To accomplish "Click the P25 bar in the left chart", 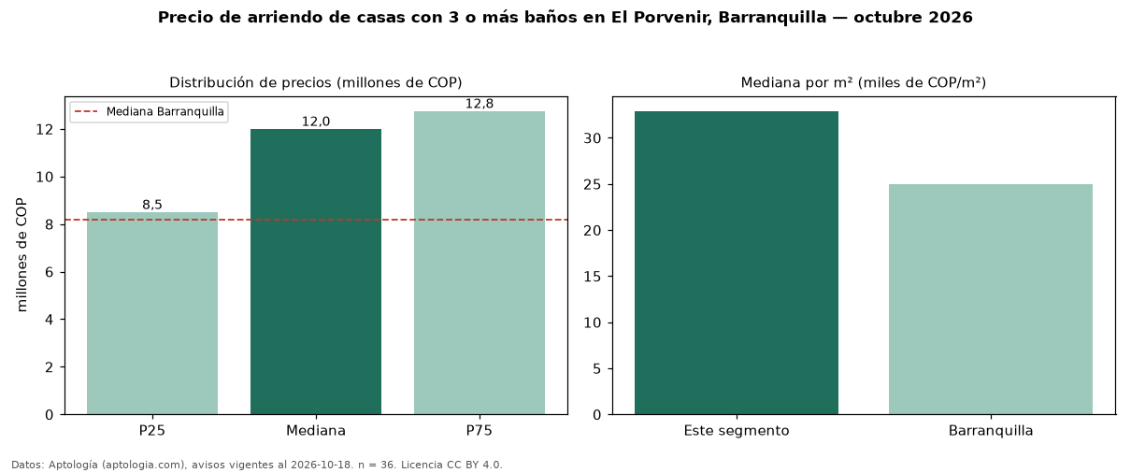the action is tap(152, 313).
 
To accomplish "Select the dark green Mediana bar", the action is tap(316, 272).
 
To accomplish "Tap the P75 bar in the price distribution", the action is tap(480, 263).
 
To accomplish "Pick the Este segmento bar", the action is tap(737, 263).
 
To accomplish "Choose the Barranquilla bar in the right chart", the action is tap(991, 299).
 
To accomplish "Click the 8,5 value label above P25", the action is tap(152, 205).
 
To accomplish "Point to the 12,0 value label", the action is tap(316, 122).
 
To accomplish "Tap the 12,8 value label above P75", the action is tap(480, 104).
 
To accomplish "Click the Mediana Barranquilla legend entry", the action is tap(149, 111).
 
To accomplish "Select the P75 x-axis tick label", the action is tap(480, 431).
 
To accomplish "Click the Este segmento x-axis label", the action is tap(737, 431).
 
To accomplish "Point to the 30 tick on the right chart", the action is tap(593, 138).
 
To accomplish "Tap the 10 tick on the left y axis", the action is tap(45, 178).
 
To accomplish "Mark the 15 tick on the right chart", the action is tap(593, 277).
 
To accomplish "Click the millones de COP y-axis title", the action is tap(21, 255).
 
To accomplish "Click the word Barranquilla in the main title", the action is tap(772, 17).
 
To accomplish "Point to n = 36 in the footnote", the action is tap(377, 465).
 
